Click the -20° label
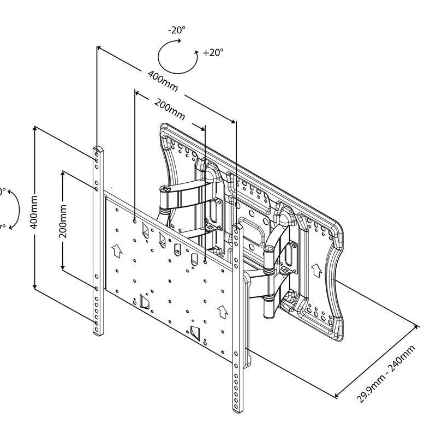pos(177,31)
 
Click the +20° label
pos(213,53)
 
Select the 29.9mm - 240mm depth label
pos(386,374)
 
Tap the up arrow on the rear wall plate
pos(315,270)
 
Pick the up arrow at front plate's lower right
pos(222,312)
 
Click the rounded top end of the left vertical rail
pos(97,148)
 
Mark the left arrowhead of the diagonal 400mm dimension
pos(99,48)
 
